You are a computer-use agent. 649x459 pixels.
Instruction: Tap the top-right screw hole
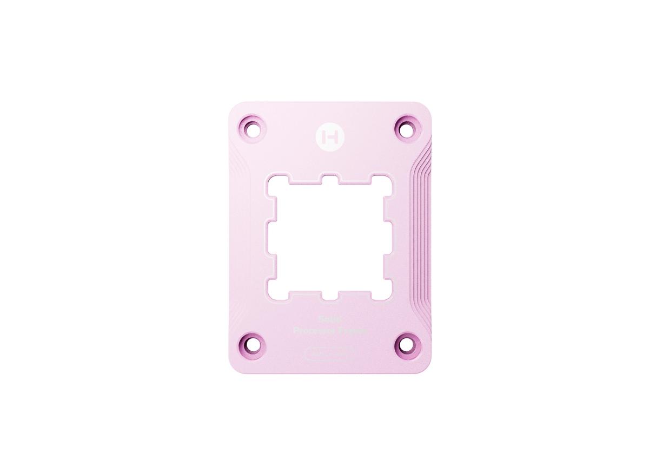click(405, 128)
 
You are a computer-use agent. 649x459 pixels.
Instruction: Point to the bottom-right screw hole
click(405, 343)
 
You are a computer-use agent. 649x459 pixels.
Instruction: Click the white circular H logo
click(328, 135)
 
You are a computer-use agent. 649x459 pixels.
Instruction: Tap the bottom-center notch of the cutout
click(329, 296)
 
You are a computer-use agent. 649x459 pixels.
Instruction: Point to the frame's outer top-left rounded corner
click(234, 108)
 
